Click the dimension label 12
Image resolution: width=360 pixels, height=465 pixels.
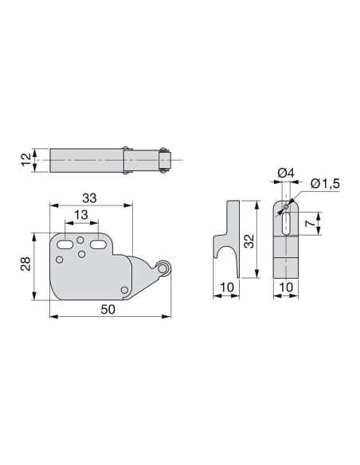tap(26, 159)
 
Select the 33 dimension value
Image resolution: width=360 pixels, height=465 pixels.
tap(89, 198)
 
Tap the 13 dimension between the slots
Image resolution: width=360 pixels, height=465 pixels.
tap(80, 215)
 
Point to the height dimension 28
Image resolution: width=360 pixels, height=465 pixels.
tap(25, 264)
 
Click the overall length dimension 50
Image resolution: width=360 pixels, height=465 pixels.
tap(108, 309)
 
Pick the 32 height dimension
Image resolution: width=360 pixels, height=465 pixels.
tap(249, 240)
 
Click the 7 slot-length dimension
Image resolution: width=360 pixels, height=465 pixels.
tap(310, 224)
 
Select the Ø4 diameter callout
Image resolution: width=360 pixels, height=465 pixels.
tap(286, 173)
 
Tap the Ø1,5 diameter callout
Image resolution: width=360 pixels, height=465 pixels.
tap(325, 184)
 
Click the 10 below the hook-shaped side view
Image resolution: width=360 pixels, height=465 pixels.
tap(227, 287)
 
